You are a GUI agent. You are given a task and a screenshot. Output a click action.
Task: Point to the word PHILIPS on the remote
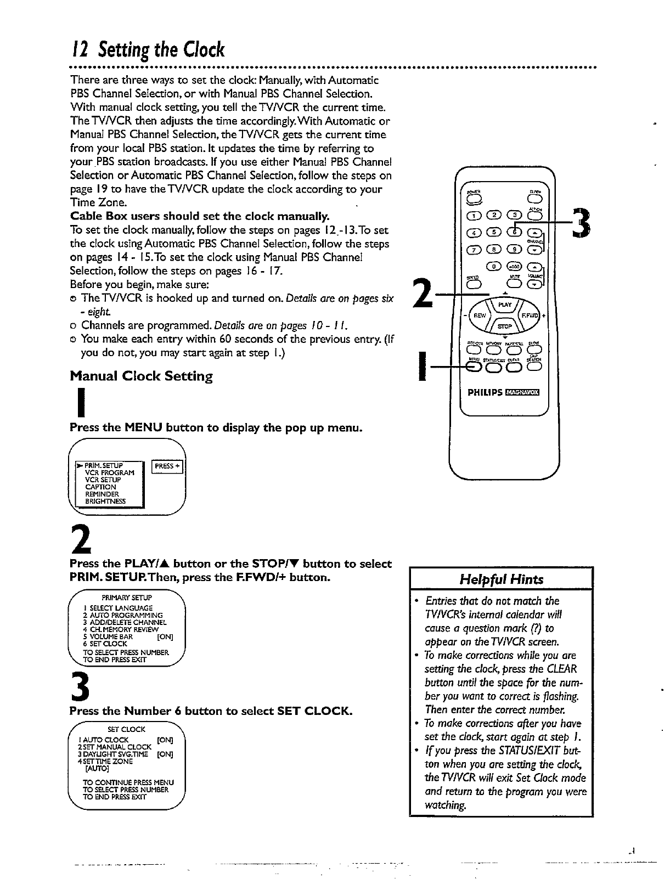pyautogui.click(x=485, y=392)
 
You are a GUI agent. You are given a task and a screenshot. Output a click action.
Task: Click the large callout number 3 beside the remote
pyautogui.click(x=581, y=224)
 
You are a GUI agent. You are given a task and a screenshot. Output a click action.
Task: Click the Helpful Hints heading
pyautogui.click(x=501, y=579)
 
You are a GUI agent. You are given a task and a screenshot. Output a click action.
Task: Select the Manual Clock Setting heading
pyautogui.click(x=141, y=376)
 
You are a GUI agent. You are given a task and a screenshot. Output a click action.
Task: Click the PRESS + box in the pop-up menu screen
pyautogui.click(x=167, y=466)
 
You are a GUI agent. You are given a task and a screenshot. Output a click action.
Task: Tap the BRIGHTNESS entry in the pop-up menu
pyautogui.click(x=105, y=501)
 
